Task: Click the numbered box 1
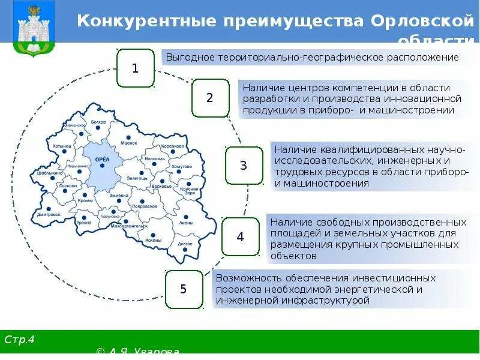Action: pyautogui.click(x=135, y=68)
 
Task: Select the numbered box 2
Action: pyautogui.click(x=210, y=97)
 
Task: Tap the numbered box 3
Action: pyautogui.click(x=244, y=165)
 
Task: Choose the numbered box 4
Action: pyautogui.click(x=240, y=236)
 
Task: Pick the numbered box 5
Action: pyautogui.click(x=184, y=289)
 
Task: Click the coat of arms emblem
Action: pyautogui.click(x=28, y=28)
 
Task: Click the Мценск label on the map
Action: pyautogui.click(x=128, y=143)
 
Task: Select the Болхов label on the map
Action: pyautogui.click(x=98, y=122)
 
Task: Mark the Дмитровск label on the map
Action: pyautogui.click(x=49, y=214)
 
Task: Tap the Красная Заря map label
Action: pyautogui.click(x=188, y=191)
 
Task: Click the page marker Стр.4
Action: pyautogui.click(x=20, y=340)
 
